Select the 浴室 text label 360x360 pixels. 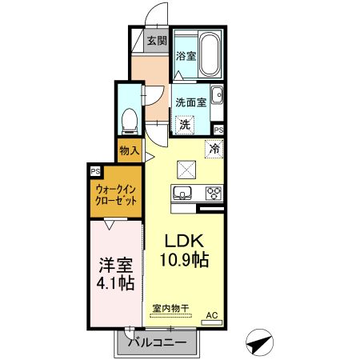pos(185,56)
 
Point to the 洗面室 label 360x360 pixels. pos(192,102)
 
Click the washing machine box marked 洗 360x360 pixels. pos(185,124)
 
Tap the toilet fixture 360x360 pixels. pos(128,120)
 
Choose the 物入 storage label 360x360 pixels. pos(129,150)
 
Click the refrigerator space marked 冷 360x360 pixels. pos(214,147)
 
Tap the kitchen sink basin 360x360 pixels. pos(182,193)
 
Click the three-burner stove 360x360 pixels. pos(214,193)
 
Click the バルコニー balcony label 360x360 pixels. pos(156,342)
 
